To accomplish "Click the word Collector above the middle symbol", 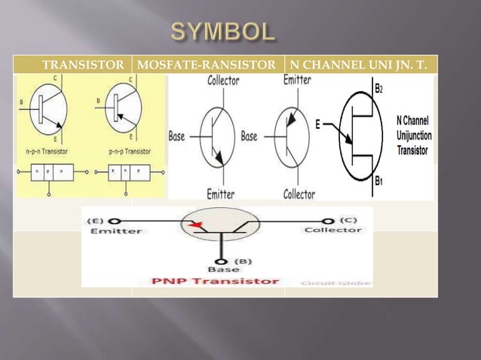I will pos(224,80).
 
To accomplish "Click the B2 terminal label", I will pos(378,88).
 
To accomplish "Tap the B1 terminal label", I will pos(378,181).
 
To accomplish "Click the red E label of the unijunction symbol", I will pos(319,126).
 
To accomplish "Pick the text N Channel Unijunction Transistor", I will pos(413,136).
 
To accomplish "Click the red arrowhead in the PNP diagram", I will pos(198,225).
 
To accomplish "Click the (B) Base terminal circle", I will pos(222,261).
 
